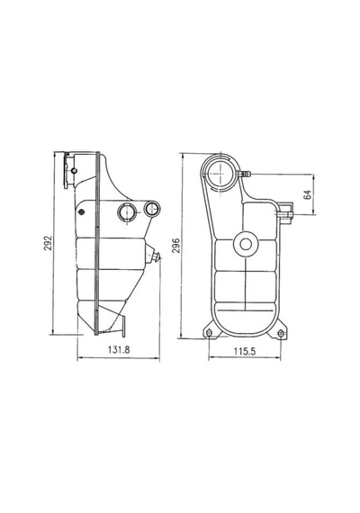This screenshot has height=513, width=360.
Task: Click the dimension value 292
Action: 48,243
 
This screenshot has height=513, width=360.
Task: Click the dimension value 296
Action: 176,246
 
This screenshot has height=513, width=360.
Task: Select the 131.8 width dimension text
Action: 119,350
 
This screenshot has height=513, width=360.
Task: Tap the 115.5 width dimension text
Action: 245,351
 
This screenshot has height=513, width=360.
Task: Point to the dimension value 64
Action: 308,194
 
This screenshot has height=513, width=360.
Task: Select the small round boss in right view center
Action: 246,244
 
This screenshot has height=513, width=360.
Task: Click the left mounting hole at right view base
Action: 210,333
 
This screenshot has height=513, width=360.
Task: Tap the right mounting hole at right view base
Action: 280,334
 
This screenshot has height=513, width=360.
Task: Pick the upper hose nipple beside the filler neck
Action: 244,175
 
